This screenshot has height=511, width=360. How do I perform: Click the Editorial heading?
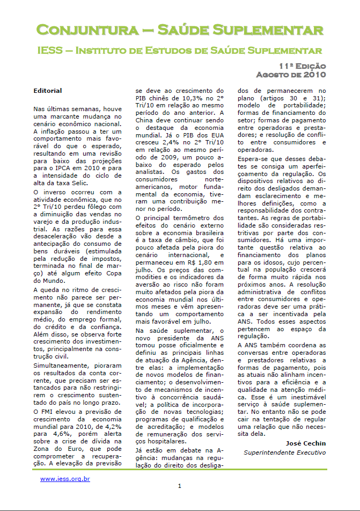point(47,91)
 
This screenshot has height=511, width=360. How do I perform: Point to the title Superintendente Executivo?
point(285,452)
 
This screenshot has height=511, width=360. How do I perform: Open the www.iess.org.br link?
point(64,479)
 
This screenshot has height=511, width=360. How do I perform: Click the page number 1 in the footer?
point(180,486)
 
